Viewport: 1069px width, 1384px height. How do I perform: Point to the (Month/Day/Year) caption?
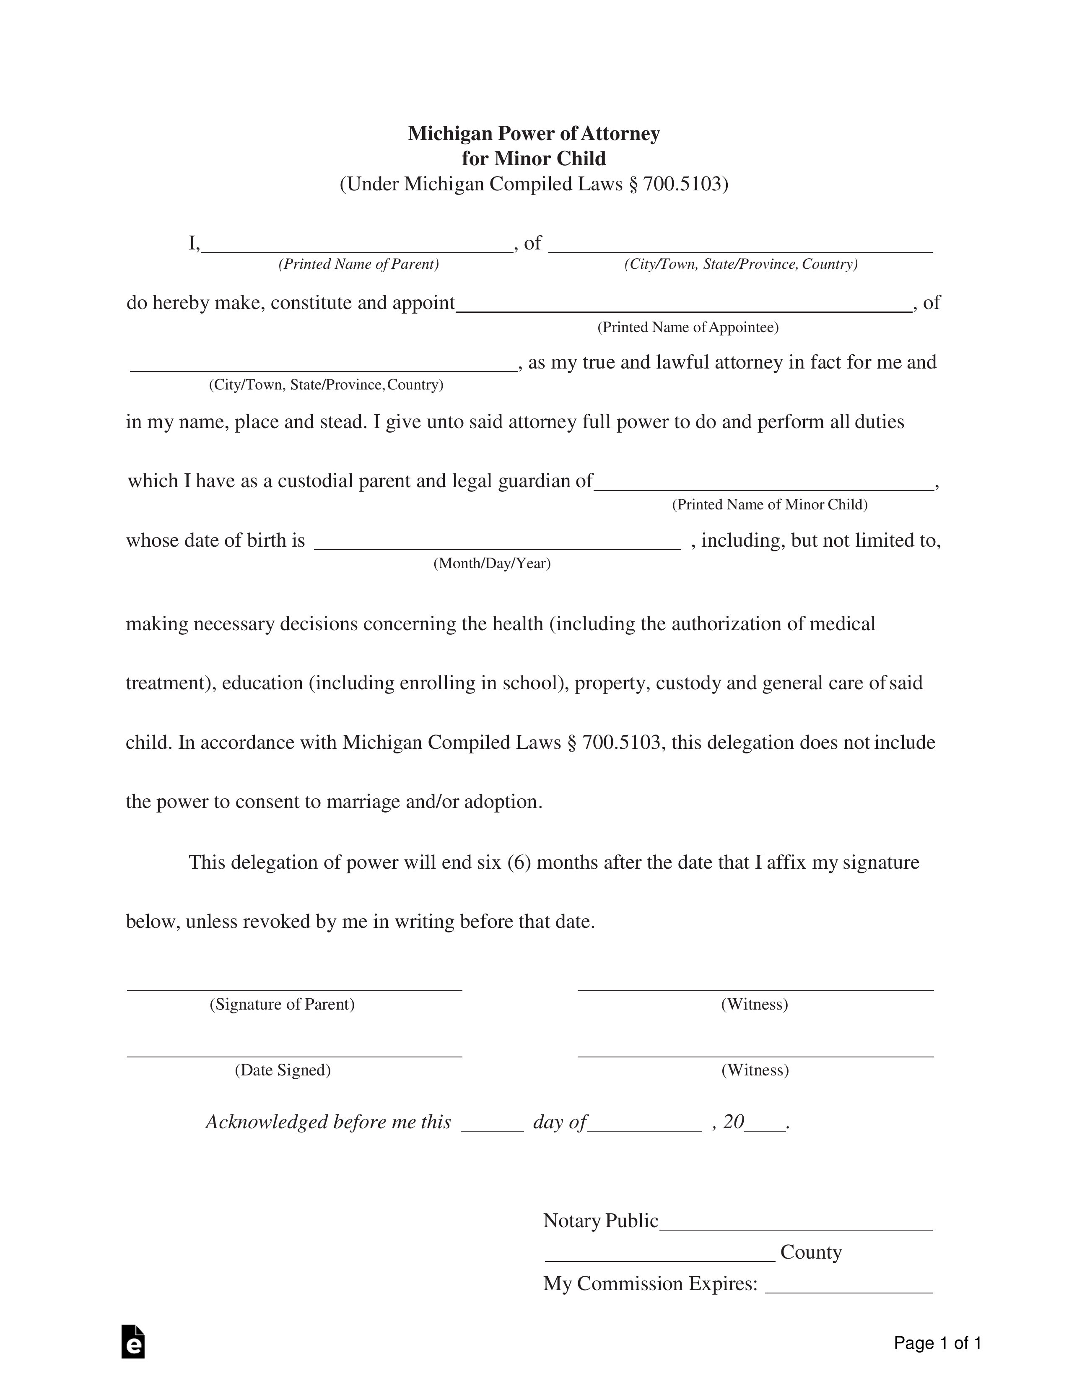click(x=492, y=563)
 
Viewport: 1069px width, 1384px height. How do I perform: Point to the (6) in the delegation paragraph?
click(x=519, y=862)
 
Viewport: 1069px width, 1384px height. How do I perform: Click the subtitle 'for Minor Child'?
click(x=534, y=158)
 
